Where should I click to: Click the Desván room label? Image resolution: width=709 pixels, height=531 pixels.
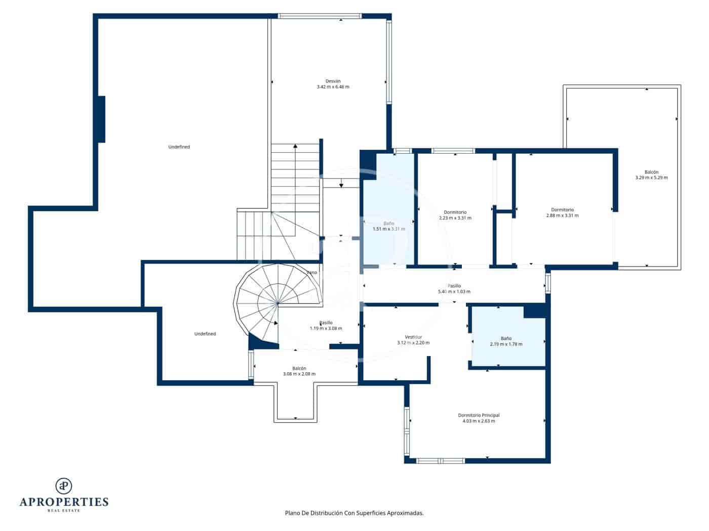(x=333, y=81)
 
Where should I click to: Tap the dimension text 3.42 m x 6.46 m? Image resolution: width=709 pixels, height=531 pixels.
(x=333, y=87)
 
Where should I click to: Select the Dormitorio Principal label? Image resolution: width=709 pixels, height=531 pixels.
(x=479, y=415)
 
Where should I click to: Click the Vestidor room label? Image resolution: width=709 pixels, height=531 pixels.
(x=413, y=337)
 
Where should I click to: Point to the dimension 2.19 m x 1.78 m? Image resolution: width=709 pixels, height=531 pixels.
(x=506, y=344)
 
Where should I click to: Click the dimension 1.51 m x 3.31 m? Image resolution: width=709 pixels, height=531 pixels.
(x=388, y=229)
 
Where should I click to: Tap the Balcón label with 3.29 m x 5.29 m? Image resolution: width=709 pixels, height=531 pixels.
(x=651, y=172)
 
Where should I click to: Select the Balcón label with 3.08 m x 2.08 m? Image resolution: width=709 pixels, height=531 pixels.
(x=299, y=368)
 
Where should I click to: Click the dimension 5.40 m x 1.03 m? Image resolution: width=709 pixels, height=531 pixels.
(x=454, y=292)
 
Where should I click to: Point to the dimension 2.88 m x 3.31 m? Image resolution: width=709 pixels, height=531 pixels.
(x=562, y=215)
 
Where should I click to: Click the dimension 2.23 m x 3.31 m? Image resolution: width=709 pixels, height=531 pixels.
(x=455, y=218)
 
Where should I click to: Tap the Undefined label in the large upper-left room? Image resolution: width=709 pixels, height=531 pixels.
(x=179, y=147)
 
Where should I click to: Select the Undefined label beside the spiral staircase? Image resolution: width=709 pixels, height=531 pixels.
(x=205, y=334)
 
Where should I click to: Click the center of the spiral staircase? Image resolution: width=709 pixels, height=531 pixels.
(x=278, y=303)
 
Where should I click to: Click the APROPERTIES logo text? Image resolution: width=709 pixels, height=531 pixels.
(x=64, y=502)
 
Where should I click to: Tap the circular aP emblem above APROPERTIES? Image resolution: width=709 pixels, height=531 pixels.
(x=64, y=485)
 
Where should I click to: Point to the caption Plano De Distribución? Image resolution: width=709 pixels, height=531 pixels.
(x=354, y=513)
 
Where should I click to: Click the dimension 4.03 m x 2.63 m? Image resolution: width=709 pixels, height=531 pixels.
(x=479, y=421)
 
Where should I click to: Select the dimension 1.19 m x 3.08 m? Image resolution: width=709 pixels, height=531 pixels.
(x=326, y=329)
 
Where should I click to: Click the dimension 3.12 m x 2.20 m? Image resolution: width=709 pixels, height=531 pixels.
(x=413, y=343)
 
